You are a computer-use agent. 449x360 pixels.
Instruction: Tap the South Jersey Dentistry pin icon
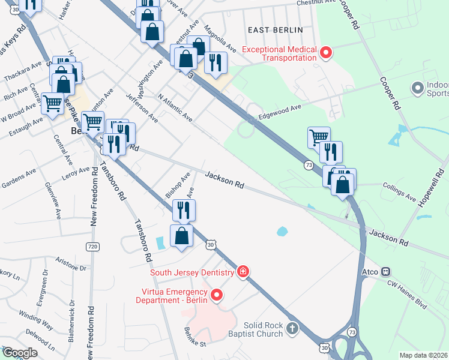pos(243,272)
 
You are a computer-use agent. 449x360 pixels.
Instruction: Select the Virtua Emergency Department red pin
pos(216,295)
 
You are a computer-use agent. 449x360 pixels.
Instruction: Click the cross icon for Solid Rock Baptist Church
pos(292,328)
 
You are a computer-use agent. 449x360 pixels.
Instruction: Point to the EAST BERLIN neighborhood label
pos(276,29)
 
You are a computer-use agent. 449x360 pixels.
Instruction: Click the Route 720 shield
pos(92,247)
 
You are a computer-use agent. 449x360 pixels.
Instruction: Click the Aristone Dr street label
pos(71,263)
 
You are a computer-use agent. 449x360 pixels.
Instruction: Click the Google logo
pos(19,353)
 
